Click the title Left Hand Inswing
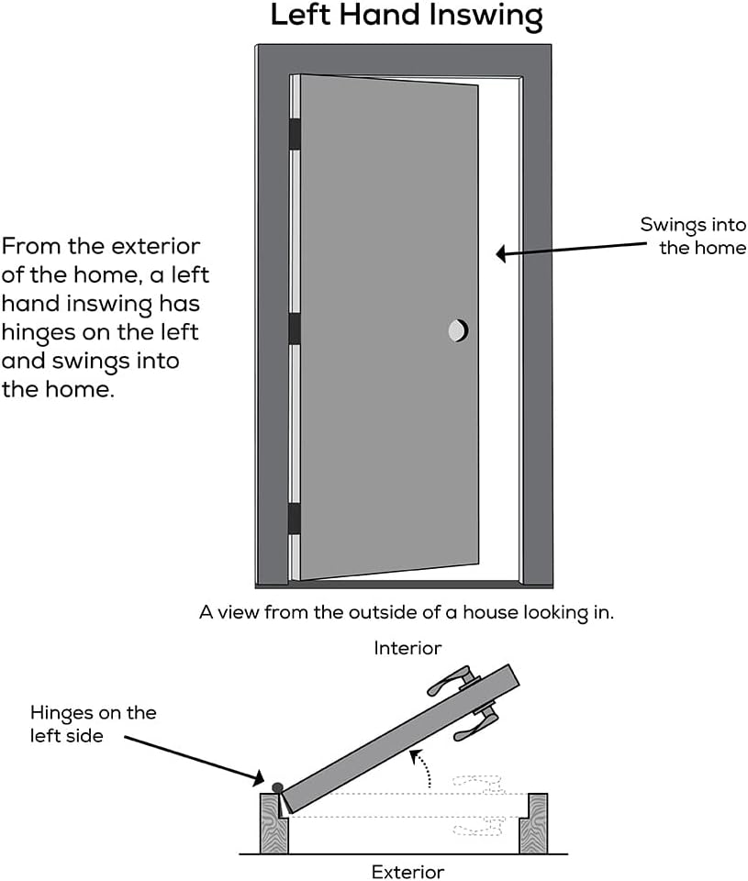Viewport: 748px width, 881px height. point(406,16)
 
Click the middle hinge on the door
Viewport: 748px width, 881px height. point(295,329)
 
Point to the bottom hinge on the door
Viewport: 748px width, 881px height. point(295,519)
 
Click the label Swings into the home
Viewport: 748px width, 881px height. point(693,236)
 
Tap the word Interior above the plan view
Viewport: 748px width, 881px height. point(407,648)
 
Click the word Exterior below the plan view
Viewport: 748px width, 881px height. point(407,871)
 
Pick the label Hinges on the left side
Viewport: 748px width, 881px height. point(93,723)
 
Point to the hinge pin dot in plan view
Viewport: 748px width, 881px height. point(277,786)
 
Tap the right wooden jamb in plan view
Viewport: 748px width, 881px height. point(533,823)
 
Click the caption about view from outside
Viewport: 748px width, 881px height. point(406,612)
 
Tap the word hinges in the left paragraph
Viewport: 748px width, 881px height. point(37,331)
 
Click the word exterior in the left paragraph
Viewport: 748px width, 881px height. point(156,247)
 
